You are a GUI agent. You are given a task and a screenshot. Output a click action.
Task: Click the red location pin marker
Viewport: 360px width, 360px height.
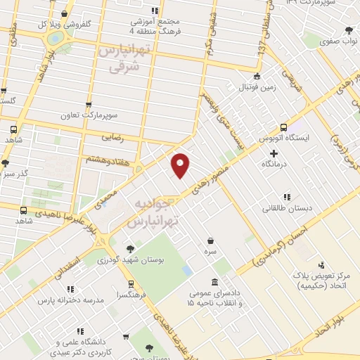181,165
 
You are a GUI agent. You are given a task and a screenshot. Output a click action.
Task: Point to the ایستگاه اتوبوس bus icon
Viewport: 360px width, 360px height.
283,127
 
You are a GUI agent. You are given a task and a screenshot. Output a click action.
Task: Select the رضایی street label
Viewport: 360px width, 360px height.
112,139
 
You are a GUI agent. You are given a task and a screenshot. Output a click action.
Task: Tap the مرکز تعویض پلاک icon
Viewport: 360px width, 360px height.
321,266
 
